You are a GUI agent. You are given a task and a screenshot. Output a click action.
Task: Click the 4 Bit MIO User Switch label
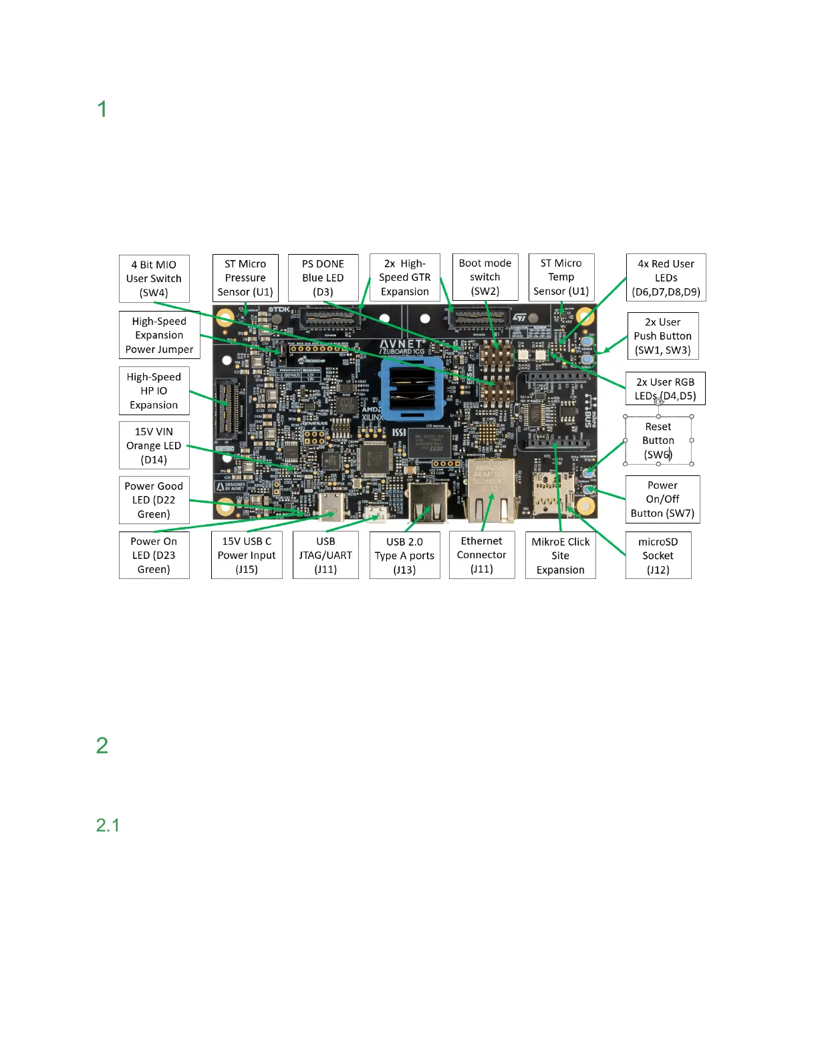154,278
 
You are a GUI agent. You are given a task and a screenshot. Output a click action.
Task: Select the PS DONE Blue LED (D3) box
323,277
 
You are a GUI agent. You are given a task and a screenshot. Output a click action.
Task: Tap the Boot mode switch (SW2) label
485,277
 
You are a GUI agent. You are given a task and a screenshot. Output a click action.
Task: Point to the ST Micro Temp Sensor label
561,277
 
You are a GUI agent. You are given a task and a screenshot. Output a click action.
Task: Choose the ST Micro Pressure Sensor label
245,277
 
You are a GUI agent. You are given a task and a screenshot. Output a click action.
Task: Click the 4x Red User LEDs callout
666,277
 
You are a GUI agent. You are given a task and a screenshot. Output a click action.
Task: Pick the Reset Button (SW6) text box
658,441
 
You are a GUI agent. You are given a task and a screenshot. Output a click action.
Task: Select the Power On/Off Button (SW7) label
662,499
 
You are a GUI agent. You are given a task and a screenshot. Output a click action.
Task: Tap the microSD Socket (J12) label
658,556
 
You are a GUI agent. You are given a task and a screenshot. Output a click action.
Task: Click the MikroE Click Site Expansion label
560,556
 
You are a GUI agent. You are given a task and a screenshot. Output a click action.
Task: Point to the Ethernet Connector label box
481,555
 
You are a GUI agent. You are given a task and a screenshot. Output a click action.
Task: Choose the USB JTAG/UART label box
325,555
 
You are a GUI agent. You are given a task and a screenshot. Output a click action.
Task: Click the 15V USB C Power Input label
247,555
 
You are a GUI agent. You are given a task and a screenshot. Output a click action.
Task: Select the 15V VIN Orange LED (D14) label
154,445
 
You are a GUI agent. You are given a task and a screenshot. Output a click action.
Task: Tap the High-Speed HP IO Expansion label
154,391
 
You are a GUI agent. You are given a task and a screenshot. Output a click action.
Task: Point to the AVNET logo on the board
402,345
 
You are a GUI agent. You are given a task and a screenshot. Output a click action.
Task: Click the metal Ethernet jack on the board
491,490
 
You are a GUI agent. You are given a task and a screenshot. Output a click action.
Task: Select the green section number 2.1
108,825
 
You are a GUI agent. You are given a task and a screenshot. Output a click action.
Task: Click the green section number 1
102,109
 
